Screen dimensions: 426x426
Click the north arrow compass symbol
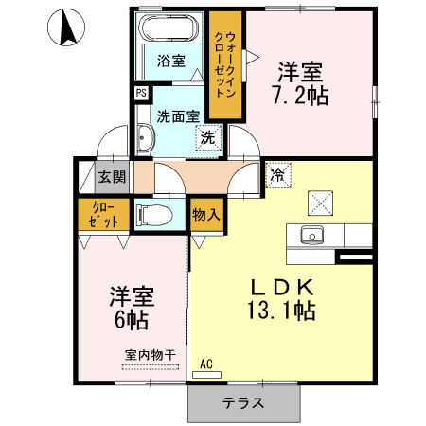66,27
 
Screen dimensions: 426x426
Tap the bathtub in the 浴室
169,27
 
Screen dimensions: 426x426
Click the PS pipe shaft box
141,93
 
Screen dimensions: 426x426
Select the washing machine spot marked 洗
208,137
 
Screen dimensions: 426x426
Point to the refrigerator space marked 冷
278,175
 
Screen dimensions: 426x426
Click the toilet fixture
154,215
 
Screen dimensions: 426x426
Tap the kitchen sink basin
312,235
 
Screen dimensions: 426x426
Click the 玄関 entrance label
112,177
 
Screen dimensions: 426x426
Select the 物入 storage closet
206,215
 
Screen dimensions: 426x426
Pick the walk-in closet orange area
225,65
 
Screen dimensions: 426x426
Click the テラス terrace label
243,403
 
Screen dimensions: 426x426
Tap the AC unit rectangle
206,375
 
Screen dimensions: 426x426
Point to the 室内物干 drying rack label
151,355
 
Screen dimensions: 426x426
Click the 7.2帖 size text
300,95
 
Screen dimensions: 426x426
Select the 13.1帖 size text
281,311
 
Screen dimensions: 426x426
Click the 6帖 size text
132,320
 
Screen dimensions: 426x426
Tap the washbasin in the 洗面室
146,137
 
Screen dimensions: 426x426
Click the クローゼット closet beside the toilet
104,215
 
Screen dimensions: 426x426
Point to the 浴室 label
171,61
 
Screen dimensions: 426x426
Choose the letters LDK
282,287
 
